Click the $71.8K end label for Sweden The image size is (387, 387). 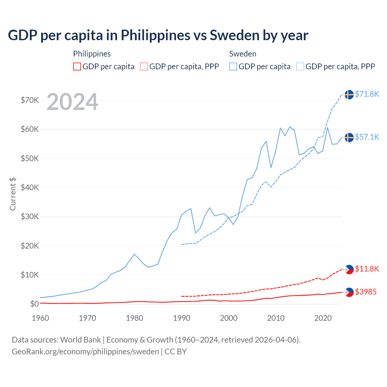tap(367, 94)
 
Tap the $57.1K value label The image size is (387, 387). tap(367, 137)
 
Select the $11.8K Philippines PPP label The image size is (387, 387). tap(367, 269)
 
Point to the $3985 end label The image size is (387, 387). tap(366, 292)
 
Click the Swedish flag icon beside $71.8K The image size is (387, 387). tap(349, 94)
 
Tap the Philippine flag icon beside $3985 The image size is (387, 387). tap(349, 292)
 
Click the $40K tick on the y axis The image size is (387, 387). tap(30, 187)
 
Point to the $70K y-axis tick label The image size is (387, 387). tap(30, 100)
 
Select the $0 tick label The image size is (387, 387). tap(34, 304)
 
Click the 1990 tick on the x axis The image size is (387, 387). tap(182, 318)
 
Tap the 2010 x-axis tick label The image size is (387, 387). tap(276, 318)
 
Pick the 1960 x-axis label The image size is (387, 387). tap(41, 318)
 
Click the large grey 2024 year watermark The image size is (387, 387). tap(72, 102)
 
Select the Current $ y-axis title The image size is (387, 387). tap(13, 194)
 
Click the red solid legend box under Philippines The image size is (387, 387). tap(77, 67)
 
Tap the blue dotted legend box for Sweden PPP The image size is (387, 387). tap(300, 67)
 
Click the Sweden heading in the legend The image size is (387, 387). tap(243, 54)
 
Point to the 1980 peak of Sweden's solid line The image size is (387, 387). tap(134, 254)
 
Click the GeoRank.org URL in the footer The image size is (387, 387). tap(85, 352)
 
